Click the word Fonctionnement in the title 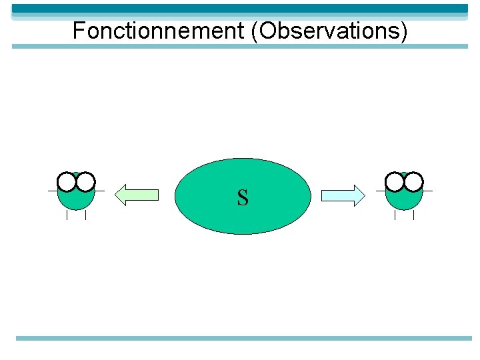pos(159,31)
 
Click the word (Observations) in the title pos(329,31)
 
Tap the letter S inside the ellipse pos(243,197)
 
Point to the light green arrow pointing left pos(137,195)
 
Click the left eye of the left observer pos(67,181)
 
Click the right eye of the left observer pos(86,181)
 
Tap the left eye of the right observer pos(395,181)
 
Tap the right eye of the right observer pos(414,181)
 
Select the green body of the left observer pos(76,199)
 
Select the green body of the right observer pos(404,199)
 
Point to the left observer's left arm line pos(53,191)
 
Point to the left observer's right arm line pos(99,191)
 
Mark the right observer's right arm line pos(427,191)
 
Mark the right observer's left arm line pos(381,191)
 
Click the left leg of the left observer pos(67,215)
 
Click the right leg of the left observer pos(86,215)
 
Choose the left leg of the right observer pos(395,215)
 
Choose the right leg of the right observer pos(414,215)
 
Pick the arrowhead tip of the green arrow pos(117,195)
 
